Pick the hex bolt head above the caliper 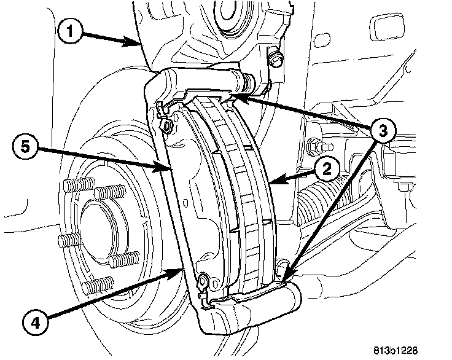tap(275, 60)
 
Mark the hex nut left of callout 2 tap(314, 147)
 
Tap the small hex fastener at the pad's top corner tap(167, 127)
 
